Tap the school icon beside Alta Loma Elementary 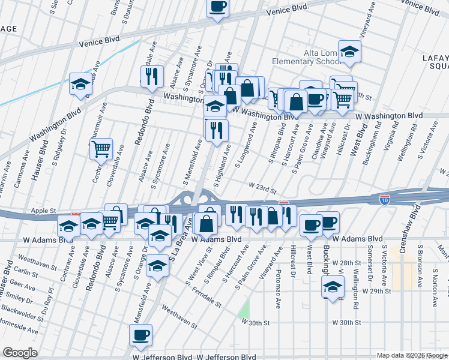pyautogui.click(x=349, y=52)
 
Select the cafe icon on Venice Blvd pyautogui.click(x=217, y=7)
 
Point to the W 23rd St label pyautogui.click(x=260, y=190)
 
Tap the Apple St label pyautogui.click(x=43, y=211)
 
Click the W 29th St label pyautogui.click(x=376, y=290)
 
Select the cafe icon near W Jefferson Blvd pyautogui.click(x=140, y=335)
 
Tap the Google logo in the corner pyautogui.click(x=20, y=353)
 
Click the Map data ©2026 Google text pyautogui.click(x=412, y=355)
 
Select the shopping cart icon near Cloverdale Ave pyautogui.click(x=101, y=148)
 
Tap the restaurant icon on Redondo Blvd pyautogui.click(x=151, y=76)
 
